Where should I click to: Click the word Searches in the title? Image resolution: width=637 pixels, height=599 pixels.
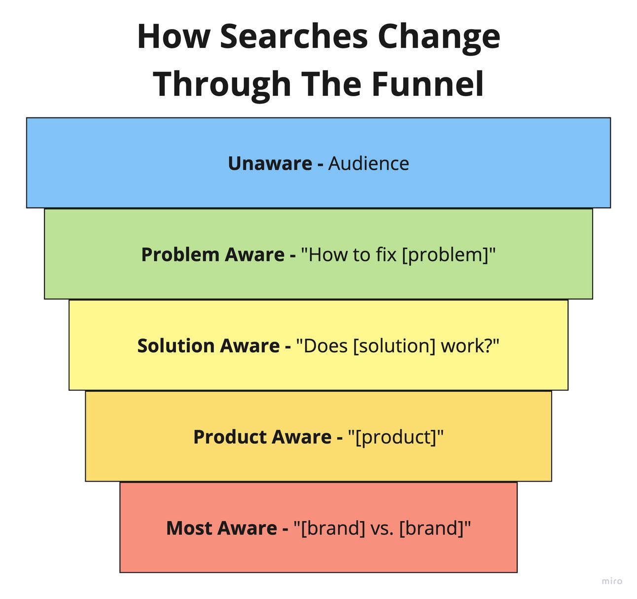click(294, 37)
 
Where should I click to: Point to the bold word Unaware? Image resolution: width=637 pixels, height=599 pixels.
click(270, 163)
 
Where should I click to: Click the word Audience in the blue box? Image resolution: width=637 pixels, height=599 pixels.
click(368, 163)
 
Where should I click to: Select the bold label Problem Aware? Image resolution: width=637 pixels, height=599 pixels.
click(212, 255)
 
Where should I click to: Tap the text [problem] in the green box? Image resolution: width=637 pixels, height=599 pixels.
click(445, 256)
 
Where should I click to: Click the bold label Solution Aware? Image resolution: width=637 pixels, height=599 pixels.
click(208, 345)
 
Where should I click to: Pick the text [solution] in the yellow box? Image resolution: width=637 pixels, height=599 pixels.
click(394, 346)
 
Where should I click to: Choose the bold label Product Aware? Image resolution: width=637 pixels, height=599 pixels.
click(262, 437)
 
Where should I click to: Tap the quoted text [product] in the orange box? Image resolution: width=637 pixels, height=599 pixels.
click(395, 438)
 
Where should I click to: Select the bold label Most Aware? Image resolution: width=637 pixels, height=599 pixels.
click(222, 528)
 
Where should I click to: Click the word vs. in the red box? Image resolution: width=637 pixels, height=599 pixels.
click(382, 529)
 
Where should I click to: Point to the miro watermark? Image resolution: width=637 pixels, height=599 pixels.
click(612, 581)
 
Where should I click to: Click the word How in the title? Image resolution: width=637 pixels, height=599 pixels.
click(174, 37)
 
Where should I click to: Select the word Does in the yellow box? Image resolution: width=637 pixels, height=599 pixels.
click(325, 346)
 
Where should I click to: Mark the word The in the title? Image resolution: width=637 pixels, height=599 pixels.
click(332, 84)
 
